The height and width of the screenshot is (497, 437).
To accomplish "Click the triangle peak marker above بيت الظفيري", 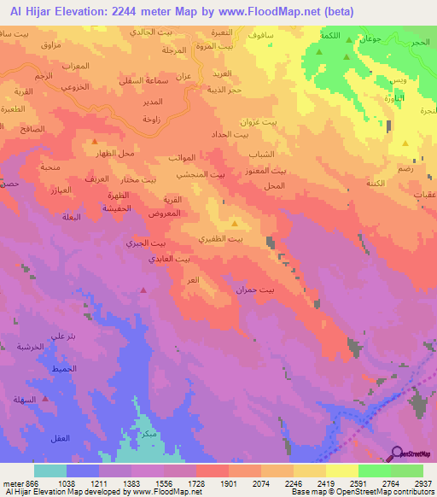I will pyautogui.click(x=235, y=225).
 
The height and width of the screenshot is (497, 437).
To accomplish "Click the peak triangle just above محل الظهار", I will pyautogui.click(x=94, y=141).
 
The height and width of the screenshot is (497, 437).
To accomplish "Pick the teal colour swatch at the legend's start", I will pyautogui.click(x=50, y=470).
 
